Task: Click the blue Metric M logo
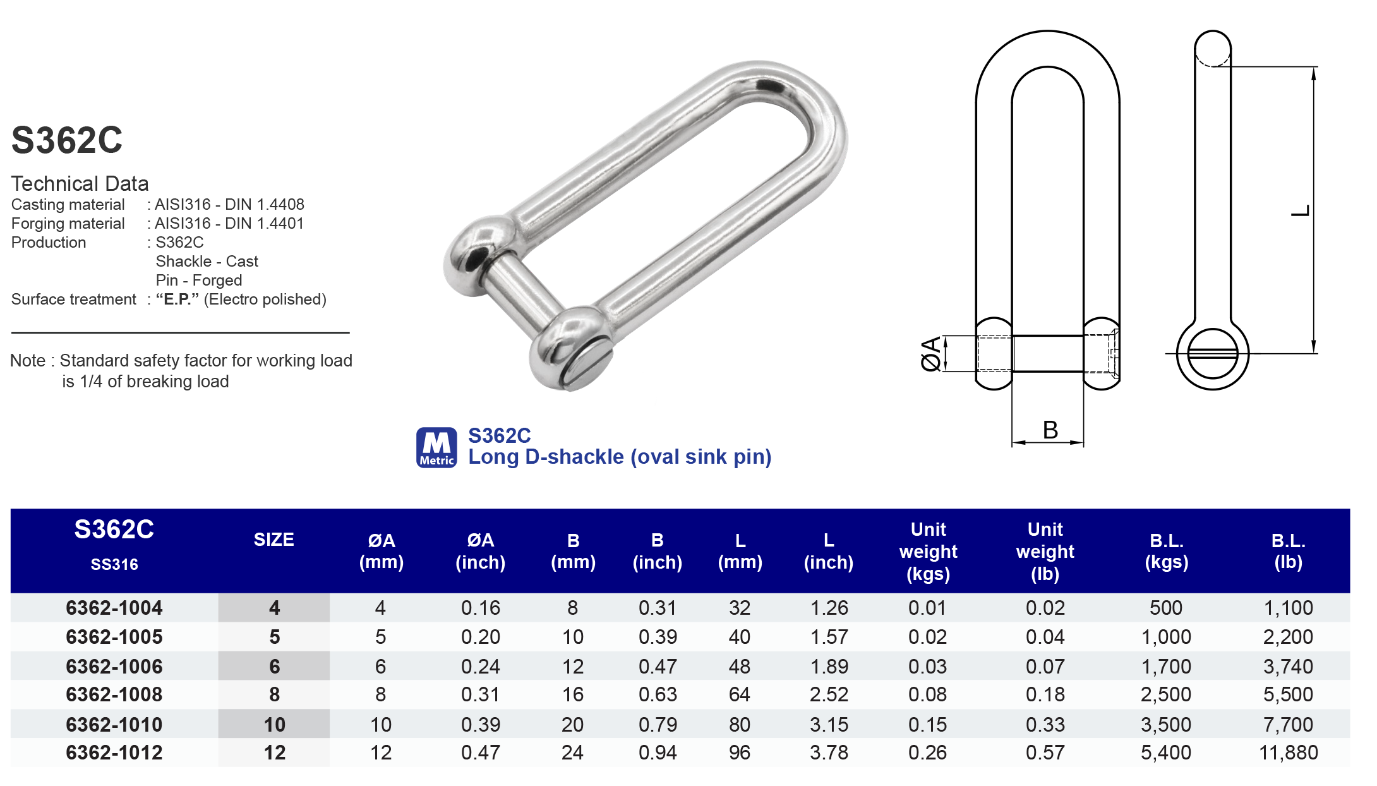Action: coord(436,447)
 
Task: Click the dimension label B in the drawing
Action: coord(1050,430)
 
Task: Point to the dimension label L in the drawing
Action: coord(1300,211)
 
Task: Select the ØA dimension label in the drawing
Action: coord(930,354)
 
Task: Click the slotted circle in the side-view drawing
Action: coord(1212,354)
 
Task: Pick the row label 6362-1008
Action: coord(114,694)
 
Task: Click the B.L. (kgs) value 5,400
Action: coord(1165,753)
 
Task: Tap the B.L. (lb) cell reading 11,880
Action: coord(1288,753)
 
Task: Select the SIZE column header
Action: coord(274,540)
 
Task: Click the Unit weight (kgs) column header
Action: coord(928,551)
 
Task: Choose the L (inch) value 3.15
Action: coord(829,724)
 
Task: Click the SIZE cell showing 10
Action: coord(274,724)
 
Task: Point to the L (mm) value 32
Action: coord(740,608)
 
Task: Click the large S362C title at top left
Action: coord(67,140)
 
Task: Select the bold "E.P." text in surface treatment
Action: coord(177,299)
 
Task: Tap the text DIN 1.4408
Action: coord(265,205)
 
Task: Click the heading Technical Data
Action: coord(80,184)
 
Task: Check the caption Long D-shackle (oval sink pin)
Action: coord(620,457)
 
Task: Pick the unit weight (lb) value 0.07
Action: coord(1045,667)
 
